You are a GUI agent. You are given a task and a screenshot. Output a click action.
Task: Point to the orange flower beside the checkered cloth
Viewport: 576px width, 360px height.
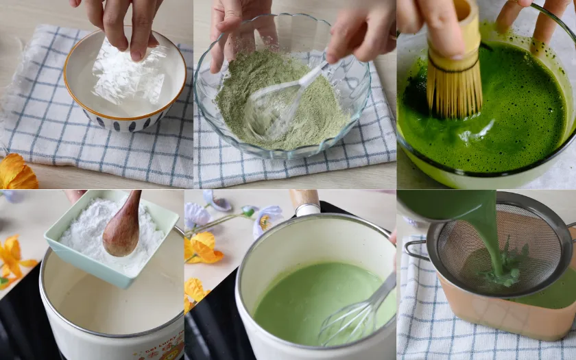click(x=17, y=173)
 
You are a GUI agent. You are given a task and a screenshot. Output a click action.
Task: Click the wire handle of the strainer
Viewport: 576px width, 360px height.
click(x=414, y=249)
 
